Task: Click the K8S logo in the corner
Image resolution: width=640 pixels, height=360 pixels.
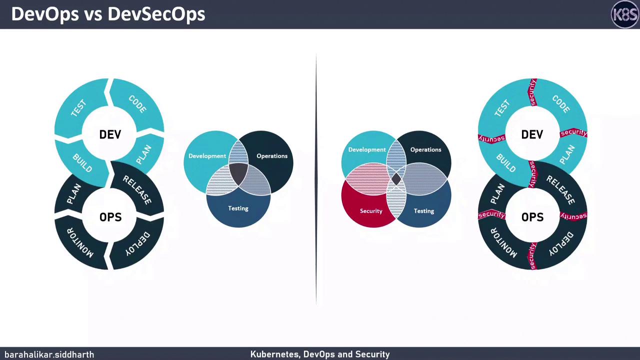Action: (x=625, y=14)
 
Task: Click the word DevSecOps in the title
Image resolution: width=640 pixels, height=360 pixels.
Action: (x=156, y=14)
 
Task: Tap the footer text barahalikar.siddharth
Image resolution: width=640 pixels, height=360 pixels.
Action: (x=49, y=354)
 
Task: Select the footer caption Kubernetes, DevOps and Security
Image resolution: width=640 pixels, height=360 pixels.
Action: (x=320, y=354)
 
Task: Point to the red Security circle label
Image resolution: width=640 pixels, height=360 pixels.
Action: (x=371, y=211)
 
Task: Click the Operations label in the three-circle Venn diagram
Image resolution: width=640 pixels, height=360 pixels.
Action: (x=272, y=156)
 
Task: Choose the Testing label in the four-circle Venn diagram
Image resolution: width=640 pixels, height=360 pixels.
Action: (x=424, y=211)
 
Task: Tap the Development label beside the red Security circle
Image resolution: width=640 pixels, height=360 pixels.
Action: (x=367, y=149)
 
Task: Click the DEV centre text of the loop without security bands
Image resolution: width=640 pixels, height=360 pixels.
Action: (x=110, y=134)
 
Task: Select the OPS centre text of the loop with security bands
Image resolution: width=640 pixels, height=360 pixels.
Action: (x=532, y=217)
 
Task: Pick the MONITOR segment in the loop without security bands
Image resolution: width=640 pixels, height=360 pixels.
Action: (x=80, y=242)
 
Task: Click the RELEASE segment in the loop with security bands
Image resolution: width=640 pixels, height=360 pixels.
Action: (x=560, y=190)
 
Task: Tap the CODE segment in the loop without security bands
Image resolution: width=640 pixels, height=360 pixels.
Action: (x=137, y=104)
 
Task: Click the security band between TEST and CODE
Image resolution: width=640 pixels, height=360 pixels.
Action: (x=533, y=92)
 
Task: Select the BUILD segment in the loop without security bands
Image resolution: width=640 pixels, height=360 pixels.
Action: (x=82, y=162)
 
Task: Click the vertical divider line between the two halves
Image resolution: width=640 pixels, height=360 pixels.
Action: (x=316, y=180)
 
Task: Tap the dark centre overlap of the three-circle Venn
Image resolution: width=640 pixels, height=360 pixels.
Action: (x=238, y=172)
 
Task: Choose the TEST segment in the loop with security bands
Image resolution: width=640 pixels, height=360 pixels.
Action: (x=501, y=108)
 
